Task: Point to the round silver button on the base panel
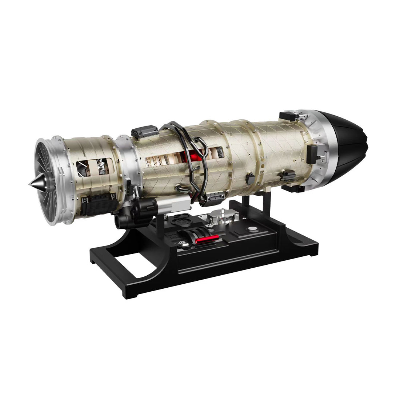[x=251, y=229]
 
